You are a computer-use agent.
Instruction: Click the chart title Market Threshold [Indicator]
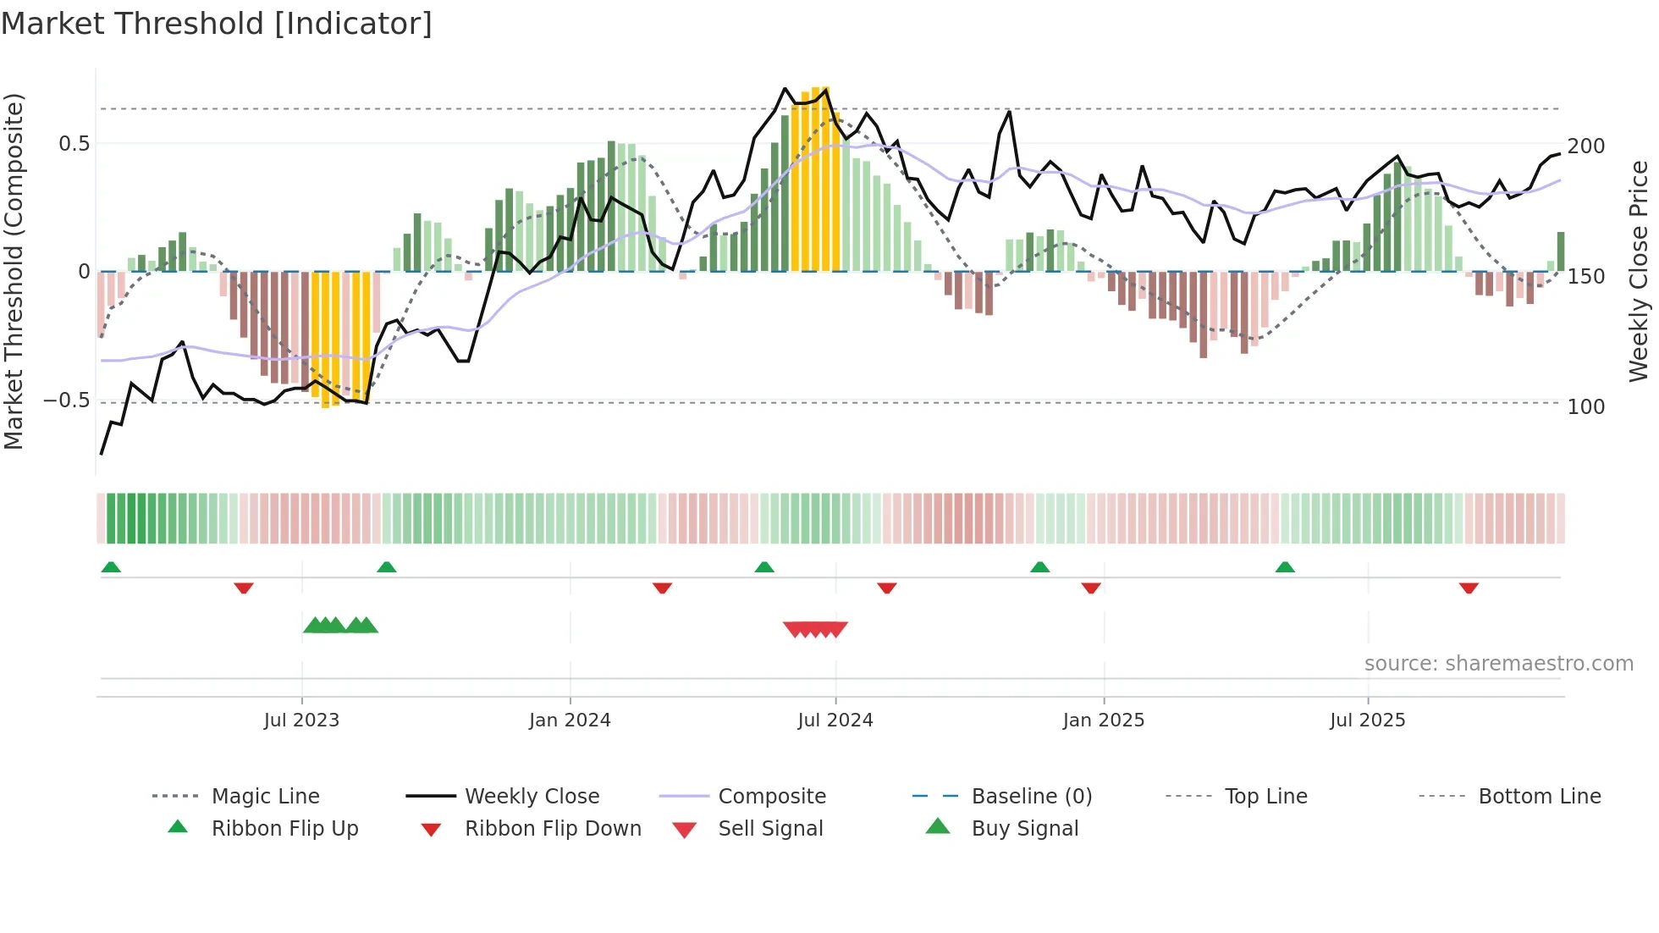(217, 24)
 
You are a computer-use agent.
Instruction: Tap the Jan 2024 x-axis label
(570, 720)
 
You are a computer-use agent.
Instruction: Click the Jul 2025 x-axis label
(1367, 720)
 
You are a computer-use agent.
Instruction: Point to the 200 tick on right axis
(1585, 146)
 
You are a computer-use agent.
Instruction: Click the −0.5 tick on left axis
(66, 400)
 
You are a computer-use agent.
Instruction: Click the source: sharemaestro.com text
(1498, 664)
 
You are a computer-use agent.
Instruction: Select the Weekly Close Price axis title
(1639, 271)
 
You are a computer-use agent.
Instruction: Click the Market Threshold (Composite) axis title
(14, 271)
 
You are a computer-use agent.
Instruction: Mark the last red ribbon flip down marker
(1469, 588)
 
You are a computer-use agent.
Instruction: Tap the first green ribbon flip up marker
(111, 566)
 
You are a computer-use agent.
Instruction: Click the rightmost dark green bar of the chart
(1560, 251)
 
